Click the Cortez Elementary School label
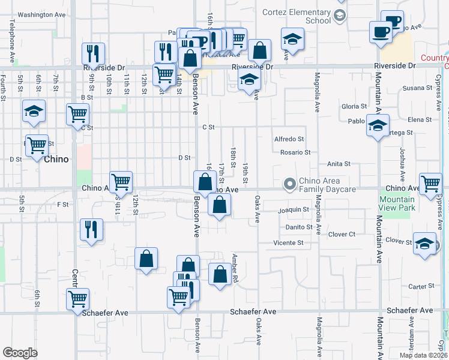click(297, 16)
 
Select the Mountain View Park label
click(397, 203)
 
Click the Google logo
click(20, 353)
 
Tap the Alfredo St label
click(289, 139)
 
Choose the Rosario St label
click(295, 152)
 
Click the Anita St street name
click(339, 164)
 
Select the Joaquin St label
click(293, 211)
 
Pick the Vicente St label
click(288, 243)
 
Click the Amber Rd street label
click(235, 268)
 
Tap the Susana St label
click(414, 88)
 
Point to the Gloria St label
click(354, 106)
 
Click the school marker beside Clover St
click(424, 244)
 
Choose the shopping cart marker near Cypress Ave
click(430, 185)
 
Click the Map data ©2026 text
click(423, 355)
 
